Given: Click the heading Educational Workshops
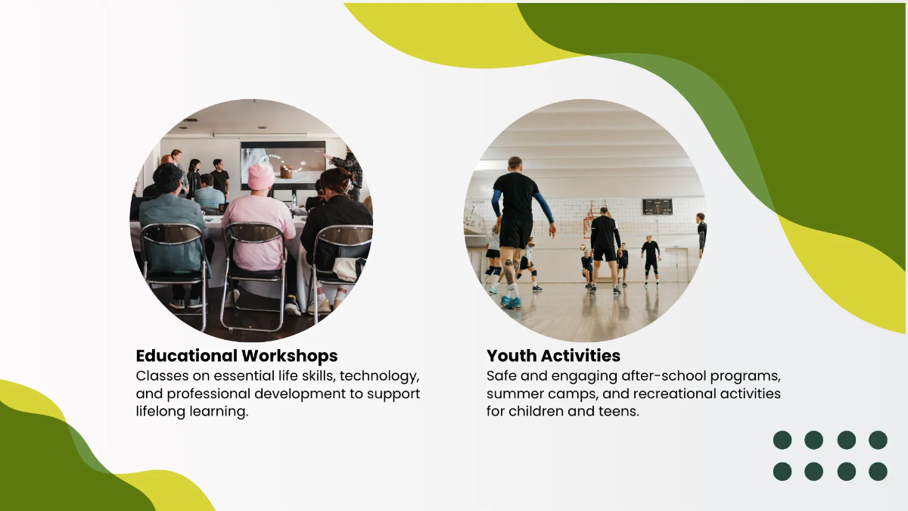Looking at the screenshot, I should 236,356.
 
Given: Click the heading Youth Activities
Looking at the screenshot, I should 553,356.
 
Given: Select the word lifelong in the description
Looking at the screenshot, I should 164,413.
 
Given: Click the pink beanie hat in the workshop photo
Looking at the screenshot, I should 261,177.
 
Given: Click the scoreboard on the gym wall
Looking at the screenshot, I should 657,207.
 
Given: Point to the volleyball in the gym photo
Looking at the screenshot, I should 583,248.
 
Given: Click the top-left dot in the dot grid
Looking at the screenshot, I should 782,440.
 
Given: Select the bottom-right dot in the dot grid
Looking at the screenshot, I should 878,472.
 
